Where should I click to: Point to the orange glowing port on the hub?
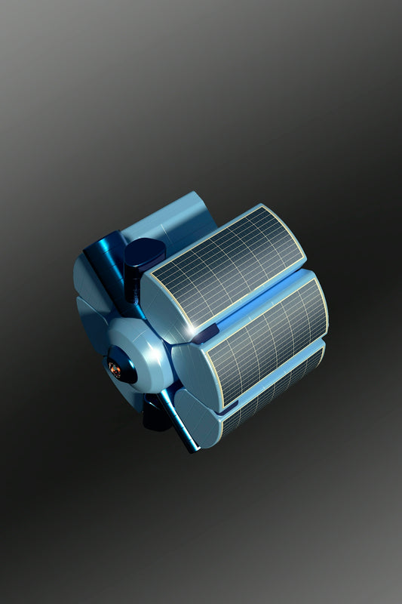115,368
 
